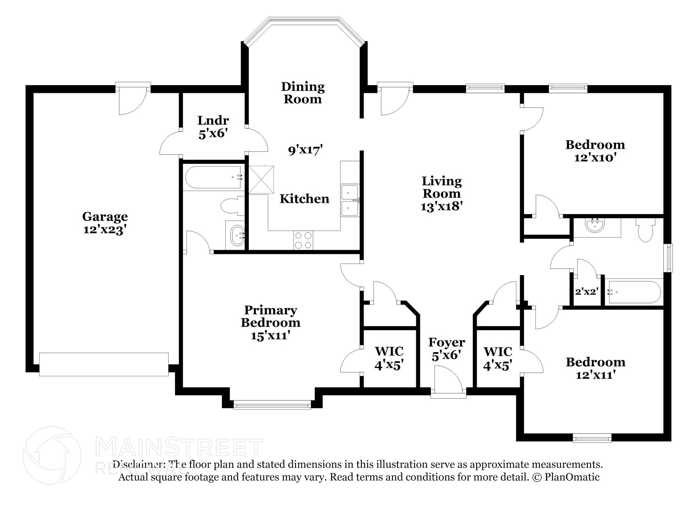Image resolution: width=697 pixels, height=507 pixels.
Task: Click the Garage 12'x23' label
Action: click(x=105, y=223)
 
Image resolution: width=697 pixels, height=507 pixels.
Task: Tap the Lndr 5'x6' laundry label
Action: click(x=213, y=127)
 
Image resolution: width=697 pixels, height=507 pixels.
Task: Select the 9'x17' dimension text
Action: click(x=305, y=150)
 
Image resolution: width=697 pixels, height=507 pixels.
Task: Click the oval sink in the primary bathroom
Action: click(x=237, y=235)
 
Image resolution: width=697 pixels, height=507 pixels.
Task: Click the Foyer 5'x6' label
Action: click(x=446, y=349)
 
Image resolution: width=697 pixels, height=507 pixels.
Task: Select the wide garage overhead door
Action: click(x=104, y=364)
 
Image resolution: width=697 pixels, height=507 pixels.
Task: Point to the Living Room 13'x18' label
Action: click(x=442, y=194)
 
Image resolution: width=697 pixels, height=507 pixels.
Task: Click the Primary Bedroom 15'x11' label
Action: click(x=271, y=323)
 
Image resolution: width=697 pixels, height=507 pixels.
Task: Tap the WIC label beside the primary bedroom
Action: click(x=389, y=351)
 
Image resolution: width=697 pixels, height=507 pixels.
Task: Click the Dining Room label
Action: click(x=303, y=93)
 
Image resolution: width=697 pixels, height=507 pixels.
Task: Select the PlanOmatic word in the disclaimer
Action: click(x=572, y=477)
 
